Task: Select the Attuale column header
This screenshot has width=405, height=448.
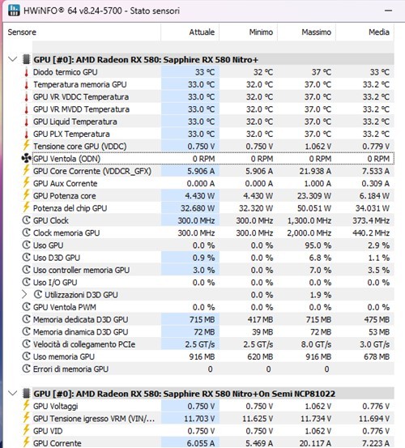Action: click(202, 32)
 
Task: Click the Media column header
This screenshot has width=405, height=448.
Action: click(377, 32)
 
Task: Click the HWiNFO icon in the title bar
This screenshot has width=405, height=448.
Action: click(13, 11)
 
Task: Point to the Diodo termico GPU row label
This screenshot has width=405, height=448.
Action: click(66, 72)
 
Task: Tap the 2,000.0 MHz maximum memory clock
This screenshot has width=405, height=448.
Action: click(307, 233)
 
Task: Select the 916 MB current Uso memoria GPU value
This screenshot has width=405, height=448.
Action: click(199, 356)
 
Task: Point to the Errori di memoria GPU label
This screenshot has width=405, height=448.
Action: click(70, 369)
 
